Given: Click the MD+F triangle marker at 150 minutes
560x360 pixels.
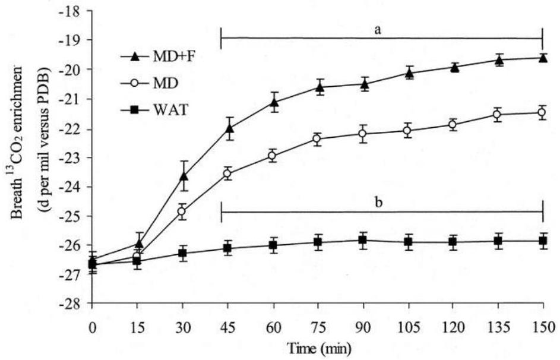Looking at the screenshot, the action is pos(543,58).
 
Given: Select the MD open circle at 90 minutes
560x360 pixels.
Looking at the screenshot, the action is pos(363,134).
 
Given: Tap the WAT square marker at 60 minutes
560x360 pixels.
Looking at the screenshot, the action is pos(273,245).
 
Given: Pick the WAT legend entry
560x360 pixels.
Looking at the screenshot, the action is pos(154,110).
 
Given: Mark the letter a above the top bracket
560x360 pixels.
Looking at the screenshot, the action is pos(378,30).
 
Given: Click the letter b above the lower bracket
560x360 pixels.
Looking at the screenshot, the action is pos(379,202).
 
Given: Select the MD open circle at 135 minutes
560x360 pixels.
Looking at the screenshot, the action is pos(497,114).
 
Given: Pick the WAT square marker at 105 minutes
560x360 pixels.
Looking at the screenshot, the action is pos(408,242).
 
